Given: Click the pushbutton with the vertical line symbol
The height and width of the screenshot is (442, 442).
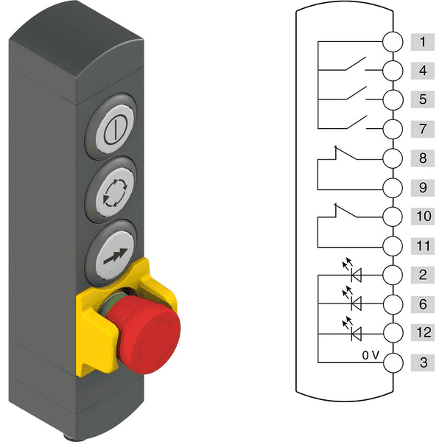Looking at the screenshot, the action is point(114,129).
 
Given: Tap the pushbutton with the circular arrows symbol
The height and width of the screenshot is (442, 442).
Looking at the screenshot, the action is point(114,192).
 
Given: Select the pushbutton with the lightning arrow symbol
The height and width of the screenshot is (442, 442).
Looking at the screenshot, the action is point(114,255).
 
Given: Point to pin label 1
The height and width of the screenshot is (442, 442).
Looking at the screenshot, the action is point(422,42).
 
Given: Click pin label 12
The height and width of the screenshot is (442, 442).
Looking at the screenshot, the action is point(424,332).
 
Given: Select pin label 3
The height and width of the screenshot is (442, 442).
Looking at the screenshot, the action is point(424,362).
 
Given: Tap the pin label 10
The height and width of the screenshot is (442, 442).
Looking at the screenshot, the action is point(424,216).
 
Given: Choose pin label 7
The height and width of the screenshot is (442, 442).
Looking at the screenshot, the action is point(423,129).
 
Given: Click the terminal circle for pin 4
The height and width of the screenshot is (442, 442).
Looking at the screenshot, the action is point(393,71).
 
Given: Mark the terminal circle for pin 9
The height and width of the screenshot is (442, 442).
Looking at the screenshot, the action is point(393,187).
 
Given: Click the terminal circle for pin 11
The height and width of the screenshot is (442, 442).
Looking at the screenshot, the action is point(393,246).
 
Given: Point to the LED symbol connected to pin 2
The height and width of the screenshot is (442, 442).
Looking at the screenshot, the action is point(353,270).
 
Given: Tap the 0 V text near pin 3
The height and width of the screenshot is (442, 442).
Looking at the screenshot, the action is point(371,355).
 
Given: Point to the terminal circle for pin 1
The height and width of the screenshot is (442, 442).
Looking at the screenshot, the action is point(393,42).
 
